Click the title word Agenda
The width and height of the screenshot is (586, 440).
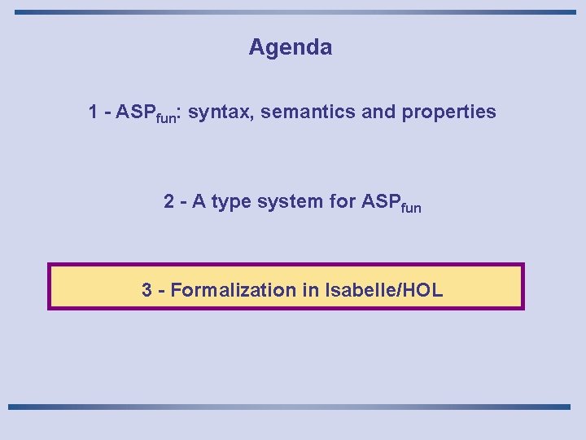pyautogui.click(x=291, y=48)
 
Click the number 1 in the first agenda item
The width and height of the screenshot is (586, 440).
pyautogui.click(x=94, y=112)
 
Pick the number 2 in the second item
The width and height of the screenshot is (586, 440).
pyautogui.click(x=168, y=201)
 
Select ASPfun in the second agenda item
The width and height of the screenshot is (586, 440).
pyautogui.click(x=390, y=202)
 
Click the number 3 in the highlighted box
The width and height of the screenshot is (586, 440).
pyautogui.click(x=146, y=290)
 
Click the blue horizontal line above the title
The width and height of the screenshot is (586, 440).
pyautogui.click(x=293, y=12)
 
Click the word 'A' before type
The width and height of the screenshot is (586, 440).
pyautogui.click(x=198, y=201)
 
